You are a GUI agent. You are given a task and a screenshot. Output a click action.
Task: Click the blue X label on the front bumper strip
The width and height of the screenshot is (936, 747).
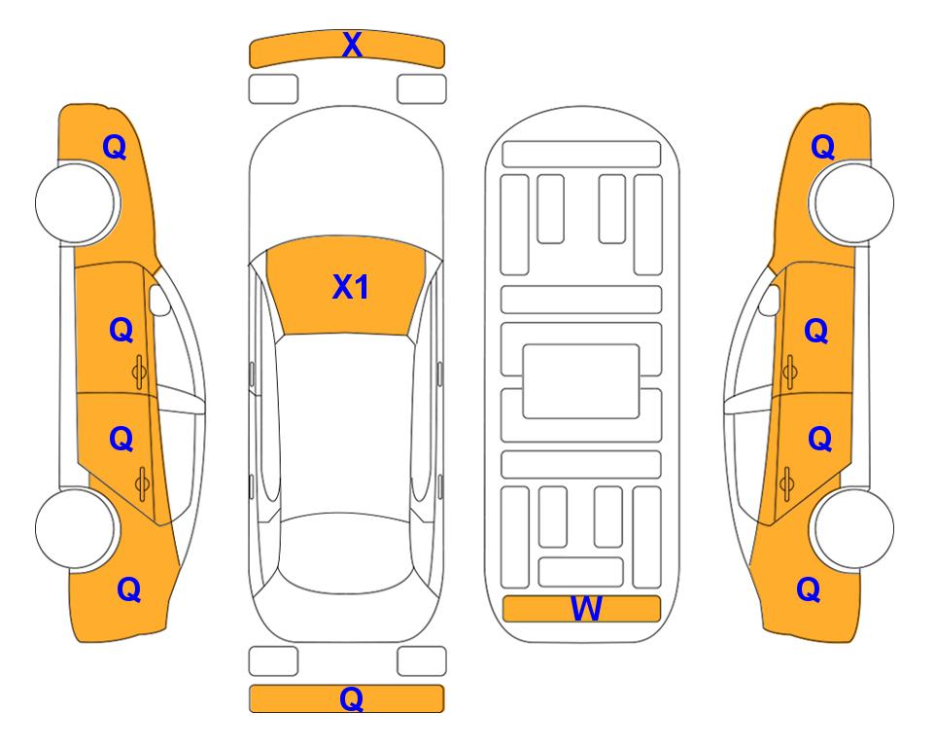coord(352,45)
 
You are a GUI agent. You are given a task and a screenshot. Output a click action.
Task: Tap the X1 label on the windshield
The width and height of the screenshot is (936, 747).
coord(351,287)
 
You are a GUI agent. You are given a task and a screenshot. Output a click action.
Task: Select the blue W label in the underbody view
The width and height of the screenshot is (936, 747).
coord(585,609)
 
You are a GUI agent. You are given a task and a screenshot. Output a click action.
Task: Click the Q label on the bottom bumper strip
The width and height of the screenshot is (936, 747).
coord(351,698)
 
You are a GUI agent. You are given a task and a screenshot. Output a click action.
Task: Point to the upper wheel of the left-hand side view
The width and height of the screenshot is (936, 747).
coord(77,202)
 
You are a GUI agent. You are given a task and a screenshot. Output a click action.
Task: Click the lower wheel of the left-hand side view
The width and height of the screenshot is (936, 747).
coord(75,529)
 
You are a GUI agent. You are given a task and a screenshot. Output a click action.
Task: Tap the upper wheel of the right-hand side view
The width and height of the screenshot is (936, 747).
coord(851,202)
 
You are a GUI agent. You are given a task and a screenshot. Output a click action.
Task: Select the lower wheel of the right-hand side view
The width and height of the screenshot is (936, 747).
coord(851,528)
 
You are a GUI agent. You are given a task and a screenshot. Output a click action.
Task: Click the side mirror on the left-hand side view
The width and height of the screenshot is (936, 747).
coord(159,300)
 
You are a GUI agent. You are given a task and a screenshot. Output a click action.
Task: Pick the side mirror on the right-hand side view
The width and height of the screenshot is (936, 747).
coord(770,300)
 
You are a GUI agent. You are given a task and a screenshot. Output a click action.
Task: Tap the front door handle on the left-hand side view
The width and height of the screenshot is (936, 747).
coord(140,372)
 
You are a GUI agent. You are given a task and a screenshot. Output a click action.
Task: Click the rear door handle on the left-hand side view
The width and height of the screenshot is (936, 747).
coord(142,483)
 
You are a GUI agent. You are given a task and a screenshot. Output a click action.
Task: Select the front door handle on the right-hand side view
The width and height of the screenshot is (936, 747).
coord(789,372)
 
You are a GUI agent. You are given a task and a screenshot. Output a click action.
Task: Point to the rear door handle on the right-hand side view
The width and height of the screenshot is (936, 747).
coord(786,483)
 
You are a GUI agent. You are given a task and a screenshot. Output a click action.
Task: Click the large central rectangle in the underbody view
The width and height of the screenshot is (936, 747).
coord(581,381)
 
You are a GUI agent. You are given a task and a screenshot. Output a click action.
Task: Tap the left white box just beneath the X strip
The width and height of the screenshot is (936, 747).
coord(273,89)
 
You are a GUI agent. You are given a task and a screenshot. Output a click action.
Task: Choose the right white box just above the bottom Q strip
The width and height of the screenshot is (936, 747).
coord(422,661)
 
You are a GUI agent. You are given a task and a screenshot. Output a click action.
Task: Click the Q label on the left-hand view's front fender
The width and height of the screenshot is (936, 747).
coord(114,147)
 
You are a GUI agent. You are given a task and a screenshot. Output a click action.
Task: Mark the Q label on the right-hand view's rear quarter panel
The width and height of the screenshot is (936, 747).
coord(809,589)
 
